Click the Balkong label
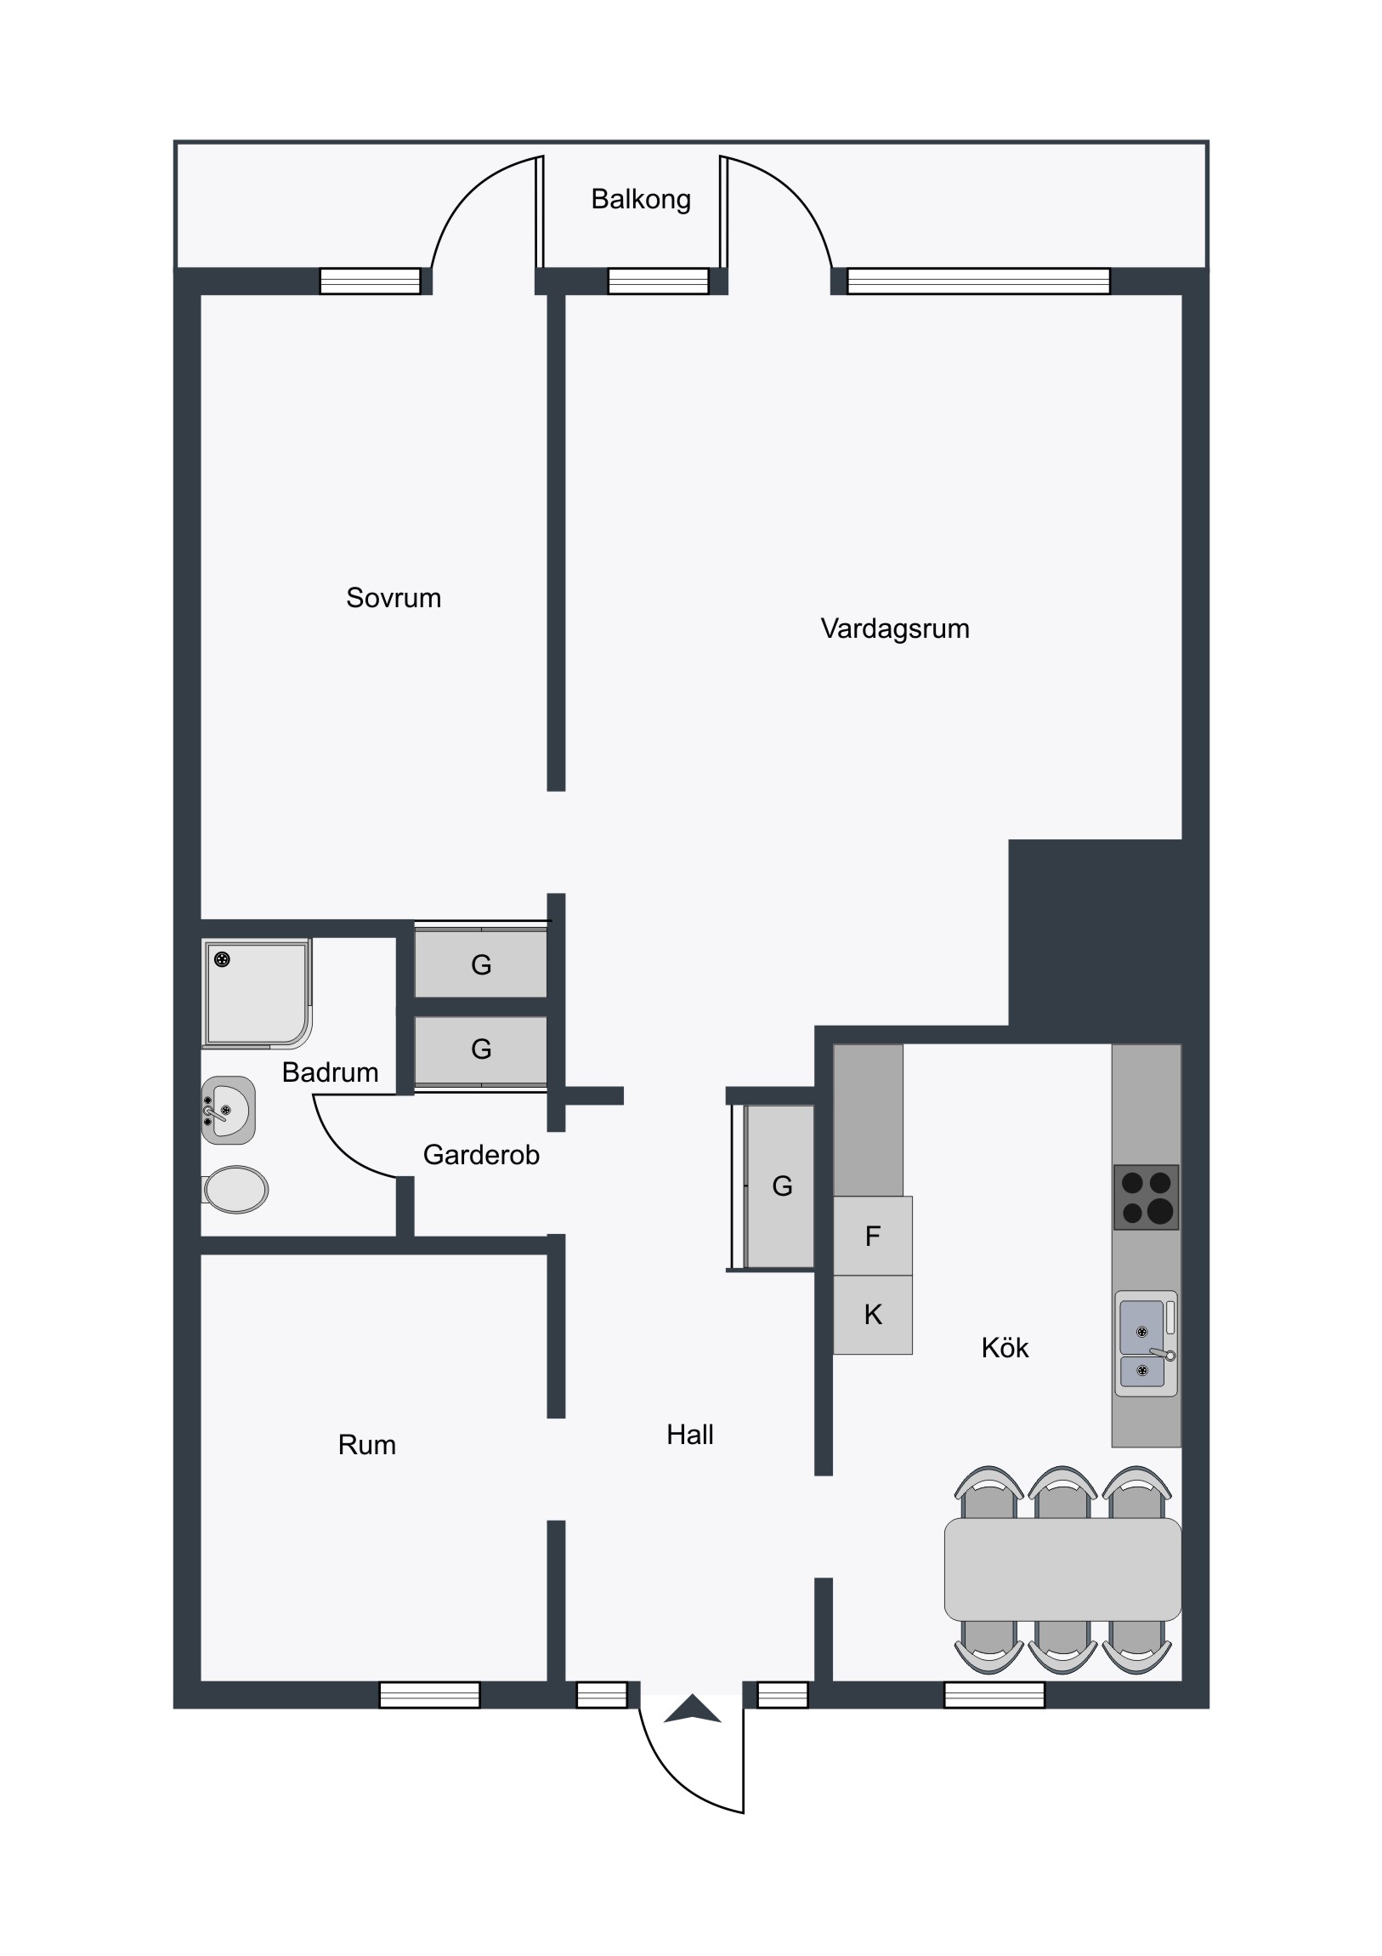tap(640, 199)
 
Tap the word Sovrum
tap(394, 598)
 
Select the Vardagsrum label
tap(895, 629)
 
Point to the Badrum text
tap(331, 1072)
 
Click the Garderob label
tap(481, 1154)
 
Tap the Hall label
tap(689, 1435)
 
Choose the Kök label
tap(1005, 1348)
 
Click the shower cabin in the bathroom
tap(258, 993)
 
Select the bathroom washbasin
tap(228, 1110)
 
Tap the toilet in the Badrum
tap(235, 1189)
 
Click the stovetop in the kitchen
tap(1146, 1197)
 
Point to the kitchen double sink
tap(1146, 1344)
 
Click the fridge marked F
tap(873, 1236)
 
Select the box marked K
tap(873, 1315)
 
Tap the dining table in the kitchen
tap(1062, 1569)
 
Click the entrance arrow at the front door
tap(693, 1709)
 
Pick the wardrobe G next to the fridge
tap(780, 1186)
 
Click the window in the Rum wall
tap(429, 1695)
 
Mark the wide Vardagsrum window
tap(979, 281)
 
